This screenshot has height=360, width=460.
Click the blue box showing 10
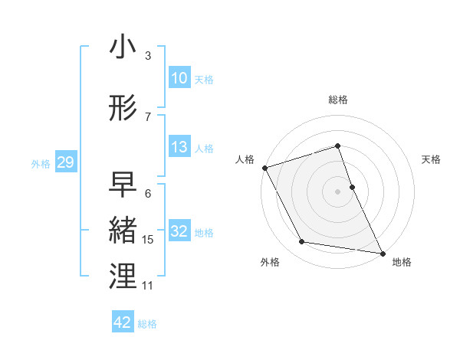(x=179, y=78)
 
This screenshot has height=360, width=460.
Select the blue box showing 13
(x=179, y=147)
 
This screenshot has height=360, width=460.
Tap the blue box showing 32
(x=179, y=231)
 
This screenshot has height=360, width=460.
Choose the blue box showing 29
(x=65, y=162)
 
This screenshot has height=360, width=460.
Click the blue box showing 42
(x=123, y=322)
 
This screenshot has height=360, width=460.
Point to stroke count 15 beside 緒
(x=148, y=240)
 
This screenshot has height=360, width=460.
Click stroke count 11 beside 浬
(x=148, y=286)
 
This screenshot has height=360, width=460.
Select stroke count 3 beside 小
(x=148, y=56)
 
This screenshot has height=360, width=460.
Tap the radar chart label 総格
(x=338, y=100)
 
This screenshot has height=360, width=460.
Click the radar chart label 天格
(x=432, y=159)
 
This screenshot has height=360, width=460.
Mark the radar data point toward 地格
(x=381, y=252)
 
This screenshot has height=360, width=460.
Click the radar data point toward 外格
(x=302, y=242)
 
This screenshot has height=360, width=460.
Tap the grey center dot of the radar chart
(x=338, y=191)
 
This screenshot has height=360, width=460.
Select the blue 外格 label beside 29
(x=41, y=163)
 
